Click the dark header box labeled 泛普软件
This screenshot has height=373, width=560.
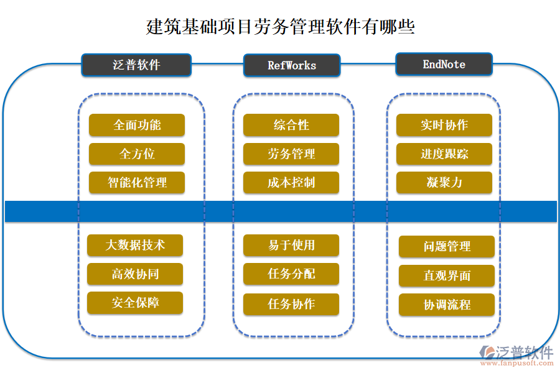click(136, 65)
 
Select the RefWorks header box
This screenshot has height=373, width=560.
click(291, 65)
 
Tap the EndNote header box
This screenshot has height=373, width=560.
click(444, 65)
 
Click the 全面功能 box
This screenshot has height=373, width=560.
click(137, 125)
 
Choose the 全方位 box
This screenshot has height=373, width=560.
click(137, 154)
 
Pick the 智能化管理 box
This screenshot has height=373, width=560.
click(137, 183)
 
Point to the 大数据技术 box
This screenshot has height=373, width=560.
click(135, 245)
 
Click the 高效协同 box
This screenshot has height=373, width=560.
click(135, 274)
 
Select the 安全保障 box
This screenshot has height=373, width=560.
click(135, 303)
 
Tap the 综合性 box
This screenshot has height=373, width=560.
click(291, 125)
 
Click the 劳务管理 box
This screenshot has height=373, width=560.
click(291, 154)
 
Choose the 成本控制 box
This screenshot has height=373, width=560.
click(291, 183)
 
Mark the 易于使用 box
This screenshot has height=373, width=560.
click(291, 245)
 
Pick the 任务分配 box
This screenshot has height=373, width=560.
click(291, 274)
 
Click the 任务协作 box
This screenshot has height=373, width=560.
click(291, 304)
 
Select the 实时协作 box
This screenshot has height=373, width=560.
click(444, 125)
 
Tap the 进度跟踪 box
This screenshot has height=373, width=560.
click(444, 154)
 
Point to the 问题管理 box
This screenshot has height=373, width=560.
click(447, 247)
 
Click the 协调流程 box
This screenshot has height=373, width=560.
click(447, 305)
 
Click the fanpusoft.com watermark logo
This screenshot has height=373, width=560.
click(516, 356)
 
